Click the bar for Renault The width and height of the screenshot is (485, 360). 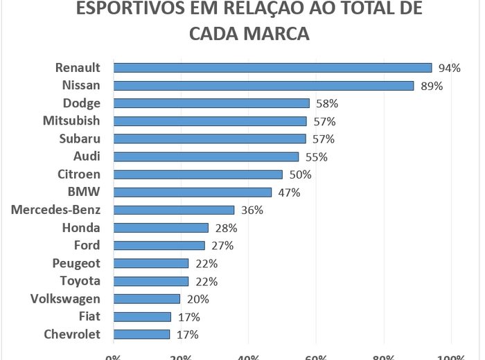pyautogui.click(x=272, y=68)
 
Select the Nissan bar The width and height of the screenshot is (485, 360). pyautogui.click(x=263, y=86)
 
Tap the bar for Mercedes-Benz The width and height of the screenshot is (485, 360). pyautogui.click(x=174, y=210)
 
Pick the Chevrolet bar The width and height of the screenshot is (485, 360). pyautogui.click(x=141, y=334)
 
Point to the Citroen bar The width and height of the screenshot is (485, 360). pyautogui.click(x=198, y=174)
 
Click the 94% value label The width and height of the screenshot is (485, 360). pyautogui.click(x=450, y=68)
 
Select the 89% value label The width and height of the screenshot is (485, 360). pyautogui.click(x=432, y=86)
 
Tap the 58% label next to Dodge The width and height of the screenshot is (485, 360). pyautogui.click(x=327, y=104)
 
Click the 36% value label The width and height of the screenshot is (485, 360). pyautogui.click(x=252, y=210)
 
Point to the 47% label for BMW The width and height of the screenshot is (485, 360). pyautogui.click(x=289, y=192)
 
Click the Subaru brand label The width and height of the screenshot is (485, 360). pyautogui.click(x=81, y=138)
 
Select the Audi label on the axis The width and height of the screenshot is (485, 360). pyautogui.click(x=87, y=156)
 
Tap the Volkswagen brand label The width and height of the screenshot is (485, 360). pyautogui.click(x=66, y=298)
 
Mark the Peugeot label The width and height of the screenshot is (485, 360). pyautogui.click(x=76, y=263)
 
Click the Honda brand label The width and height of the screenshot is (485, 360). pyautogui.click(x=81, y=228)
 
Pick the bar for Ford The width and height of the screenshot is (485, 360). pyautogui.click(x=159, y=245)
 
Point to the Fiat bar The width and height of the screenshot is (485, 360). pyautogui.click(x=142, y=316)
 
